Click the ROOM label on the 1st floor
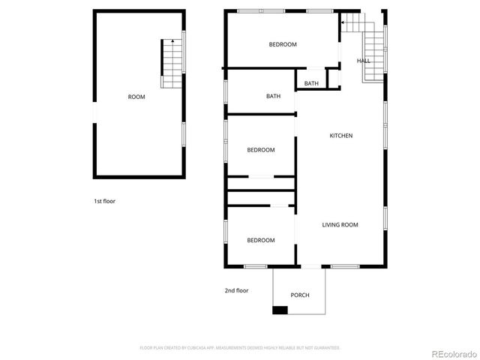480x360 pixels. pos(136,97)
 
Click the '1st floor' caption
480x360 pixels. pos(104,201)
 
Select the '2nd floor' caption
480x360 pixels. pos(236,290)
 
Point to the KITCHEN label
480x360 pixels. pos(341,136)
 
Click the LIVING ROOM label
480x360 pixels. pos(340,225)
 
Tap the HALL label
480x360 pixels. pos(363,61)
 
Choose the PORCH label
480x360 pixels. pos(300,295)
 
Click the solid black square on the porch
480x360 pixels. pos(280,310)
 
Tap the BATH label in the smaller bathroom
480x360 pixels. pos(311,83)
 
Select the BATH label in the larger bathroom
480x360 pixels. pos(273,96)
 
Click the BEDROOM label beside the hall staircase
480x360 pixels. pos(283,44)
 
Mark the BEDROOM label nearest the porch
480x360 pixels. pos(261,240)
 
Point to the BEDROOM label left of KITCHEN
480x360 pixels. pos(261,150)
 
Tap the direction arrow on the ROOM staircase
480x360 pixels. pos(172,41)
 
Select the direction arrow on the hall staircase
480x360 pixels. pos(344,22)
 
